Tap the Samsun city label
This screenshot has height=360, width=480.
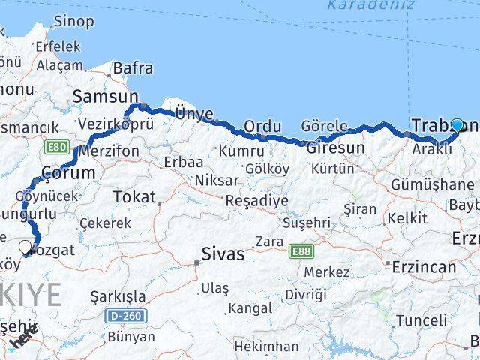click(106, 96)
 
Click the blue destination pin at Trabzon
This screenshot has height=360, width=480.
click(457, 126)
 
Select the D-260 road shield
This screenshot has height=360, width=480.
click(126, 315)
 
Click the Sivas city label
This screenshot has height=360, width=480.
click(223, 253)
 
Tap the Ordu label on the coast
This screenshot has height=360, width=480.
click(262, 126)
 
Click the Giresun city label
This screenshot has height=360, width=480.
click(335, 148)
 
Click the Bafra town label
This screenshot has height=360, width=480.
click(133, 68)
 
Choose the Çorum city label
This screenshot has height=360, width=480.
click(68, 172)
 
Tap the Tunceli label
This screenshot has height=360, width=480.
click(421, 320)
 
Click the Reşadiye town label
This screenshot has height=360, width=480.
click(257, 201)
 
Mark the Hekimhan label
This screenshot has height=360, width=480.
click(265, 346)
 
